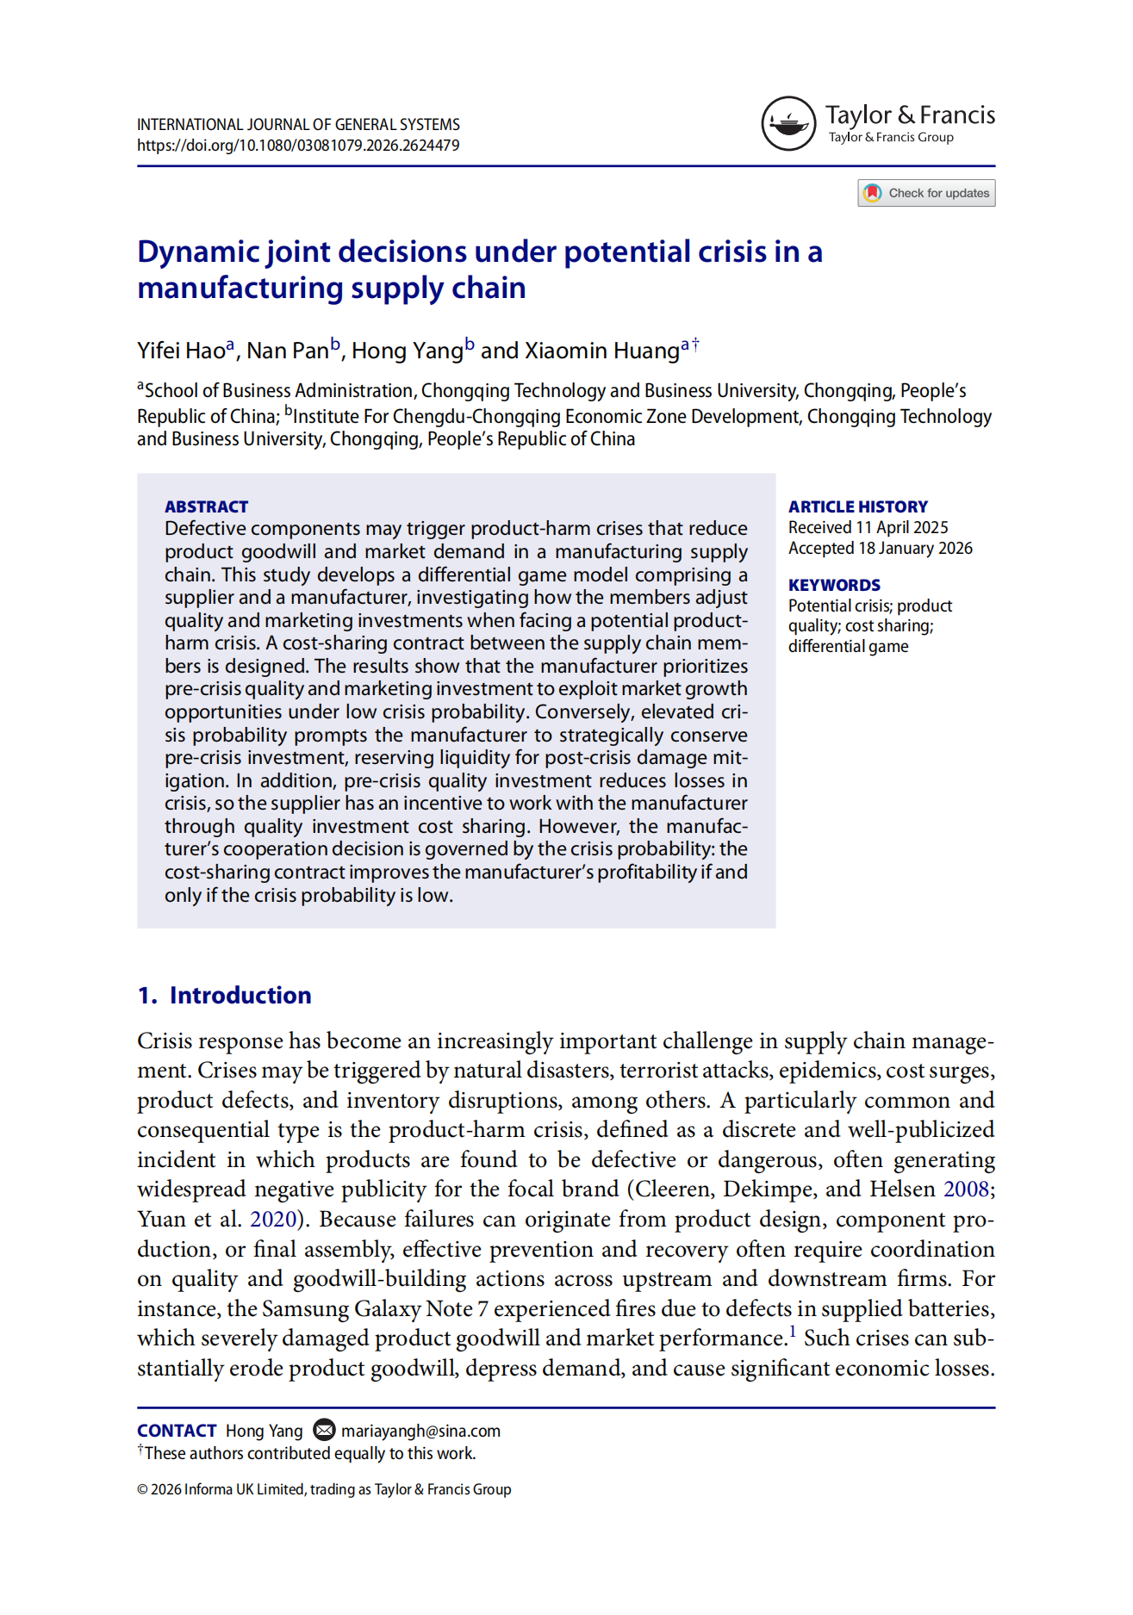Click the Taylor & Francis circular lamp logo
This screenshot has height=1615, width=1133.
[787, 123]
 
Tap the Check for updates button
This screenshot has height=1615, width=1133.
[926, 193]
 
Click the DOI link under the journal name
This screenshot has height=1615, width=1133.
[298, 146]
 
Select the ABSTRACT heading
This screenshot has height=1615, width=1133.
[206, 506]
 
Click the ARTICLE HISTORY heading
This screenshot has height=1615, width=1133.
[857, 506]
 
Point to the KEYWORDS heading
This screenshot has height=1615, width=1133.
[833, 585]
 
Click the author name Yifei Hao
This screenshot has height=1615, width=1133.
[181, 351]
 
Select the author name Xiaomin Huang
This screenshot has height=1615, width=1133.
[601, 351]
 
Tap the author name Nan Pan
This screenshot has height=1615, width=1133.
[287, 351]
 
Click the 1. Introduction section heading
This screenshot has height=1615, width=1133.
[224, 995]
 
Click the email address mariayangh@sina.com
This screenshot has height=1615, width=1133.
[420, 1431]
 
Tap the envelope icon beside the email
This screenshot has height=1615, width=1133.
[324, 1430]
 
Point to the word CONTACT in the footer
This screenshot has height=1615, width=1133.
[177, 1431]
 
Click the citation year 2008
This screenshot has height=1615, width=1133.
[966, 1190]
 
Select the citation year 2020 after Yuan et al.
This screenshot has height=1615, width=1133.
[272, 1220]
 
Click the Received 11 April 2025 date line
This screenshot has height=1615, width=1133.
[868, 527]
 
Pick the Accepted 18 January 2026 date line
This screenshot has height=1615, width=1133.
[880, 548]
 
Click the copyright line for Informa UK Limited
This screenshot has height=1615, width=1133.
[324, 1489]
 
